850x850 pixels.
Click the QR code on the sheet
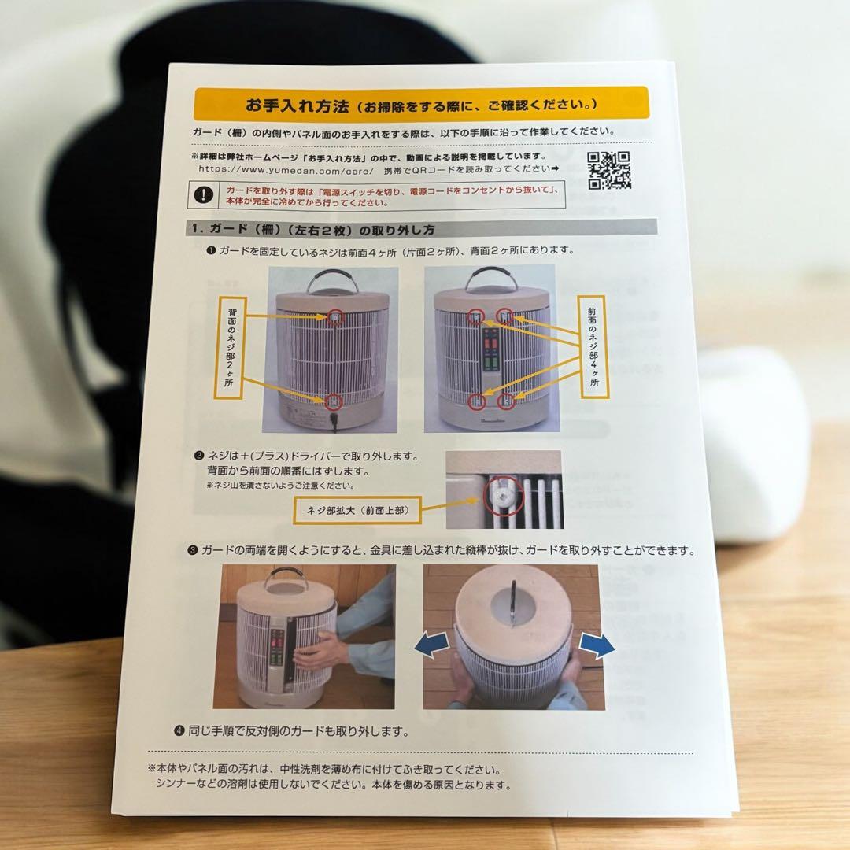(x=609, y=170)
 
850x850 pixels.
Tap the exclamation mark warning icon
(x=205, y=194)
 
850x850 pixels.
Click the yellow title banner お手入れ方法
(x=421, y=103)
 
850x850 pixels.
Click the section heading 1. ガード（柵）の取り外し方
(x=311, y=230)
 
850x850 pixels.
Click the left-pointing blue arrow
(x=435, y=646)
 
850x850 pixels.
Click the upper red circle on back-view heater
(x=334, y=316)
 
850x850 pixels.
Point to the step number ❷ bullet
(x=199, y=456)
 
